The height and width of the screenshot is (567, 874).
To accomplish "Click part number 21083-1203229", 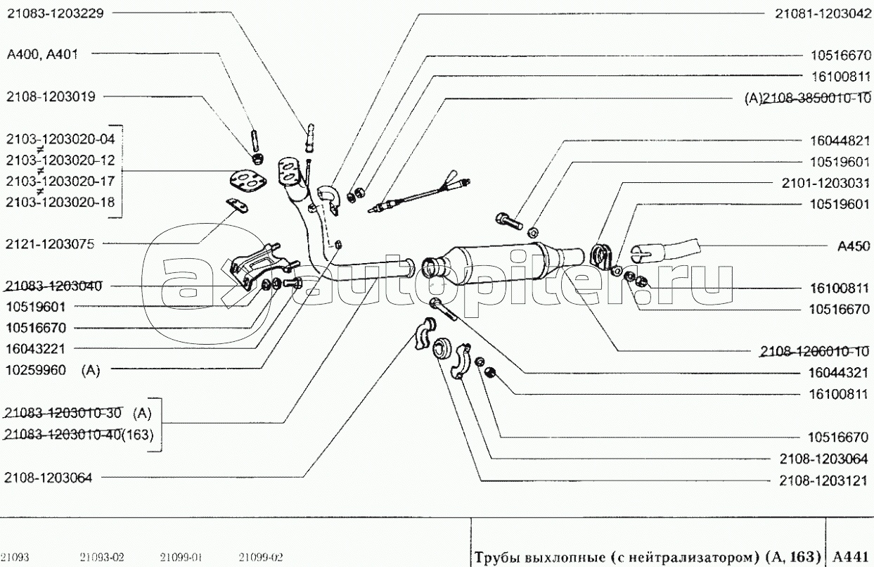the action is coord(56,13).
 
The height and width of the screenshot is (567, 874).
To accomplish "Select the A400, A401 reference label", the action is coord(42,54).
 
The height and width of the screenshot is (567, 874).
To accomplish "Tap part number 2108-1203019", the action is coord(51,96).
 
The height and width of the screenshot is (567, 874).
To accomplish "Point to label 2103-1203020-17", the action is coord(60,181).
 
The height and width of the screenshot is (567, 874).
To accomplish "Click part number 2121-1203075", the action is coord(50,244).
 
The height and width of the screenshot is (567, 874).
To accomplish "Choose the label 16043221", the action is coord(35,349).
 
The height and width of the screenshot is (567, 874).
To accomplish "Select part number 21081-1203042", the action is coord(823,14).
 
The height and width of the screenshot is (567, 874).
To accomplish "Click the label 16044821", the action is coord(840,141).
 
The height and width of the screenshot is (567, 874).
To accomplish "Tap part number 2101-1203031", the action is coord(825,183).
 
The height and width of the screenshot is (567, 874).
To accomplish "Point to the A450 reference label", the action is coord(854,246).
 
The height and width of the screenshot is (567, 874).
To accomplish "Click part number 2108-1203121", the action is coord(823,480).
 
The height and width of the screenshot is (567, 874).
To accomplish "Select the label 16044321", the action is coord(839,373).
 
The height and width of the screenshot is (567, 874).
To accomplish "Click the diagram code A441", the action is coord(848,556).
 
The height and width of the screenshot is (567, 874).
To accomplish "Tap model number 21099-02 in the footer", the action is coord(261,557).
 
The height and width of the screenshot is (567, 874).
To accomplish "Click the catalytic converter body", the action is coord(503,265).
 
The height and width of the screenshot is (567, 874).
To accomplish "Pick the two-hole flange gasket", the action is coord(248,181).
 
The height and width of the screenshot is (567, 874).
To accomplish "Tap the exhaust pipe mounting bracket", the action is coord(259,266).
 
